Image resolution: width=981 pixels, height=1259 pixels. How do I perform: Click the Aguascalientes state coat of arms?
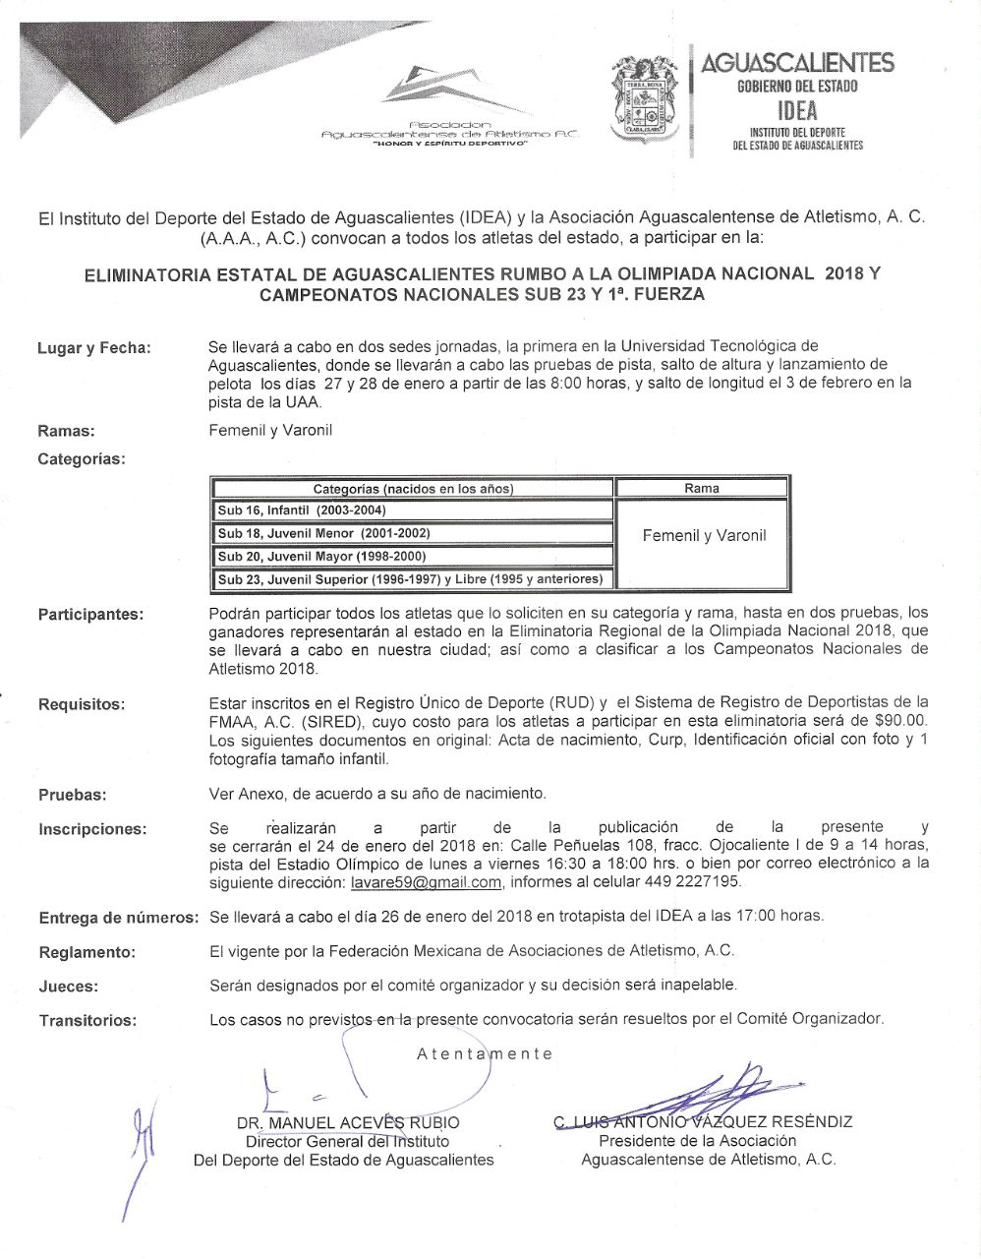pos(646,100)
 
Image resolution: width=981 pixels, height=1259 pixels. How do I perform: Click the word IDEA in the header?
pos(796,111)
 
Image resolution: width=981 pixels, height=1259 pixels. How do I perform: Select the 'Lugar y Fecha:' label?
pos(94,348)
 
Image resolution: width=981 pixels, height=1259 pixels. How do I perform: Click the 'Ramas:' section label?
pos(66,431)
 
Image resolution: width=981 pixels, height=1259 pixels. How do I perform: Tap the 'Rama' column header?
pos(702,488)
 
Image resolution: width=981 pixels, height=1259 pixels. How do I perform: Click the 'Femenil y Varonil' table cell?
pos(704,536)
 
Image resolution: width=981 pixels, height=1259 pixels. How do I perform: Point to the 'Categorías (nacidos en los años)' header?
pos(413,489)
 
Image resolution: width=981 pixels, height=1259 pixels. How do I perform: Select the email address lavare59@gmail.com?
pos(426,882)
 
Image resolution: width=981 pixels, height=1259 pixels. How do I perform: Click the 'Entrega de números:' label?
pos(118,918)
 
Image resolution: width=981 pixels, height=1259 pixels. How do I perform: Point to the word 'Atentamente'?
pos(485,1053)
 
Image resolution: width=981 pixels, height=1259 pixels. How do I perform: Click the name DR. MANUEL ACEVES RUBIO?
pos(348,1123)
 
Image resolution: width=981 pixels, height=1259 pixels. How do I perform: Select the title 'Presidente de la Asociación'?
pos(697,1141)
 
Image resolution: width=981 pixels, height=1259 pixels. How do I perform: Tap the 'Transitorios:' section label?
pos(87,1021)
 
